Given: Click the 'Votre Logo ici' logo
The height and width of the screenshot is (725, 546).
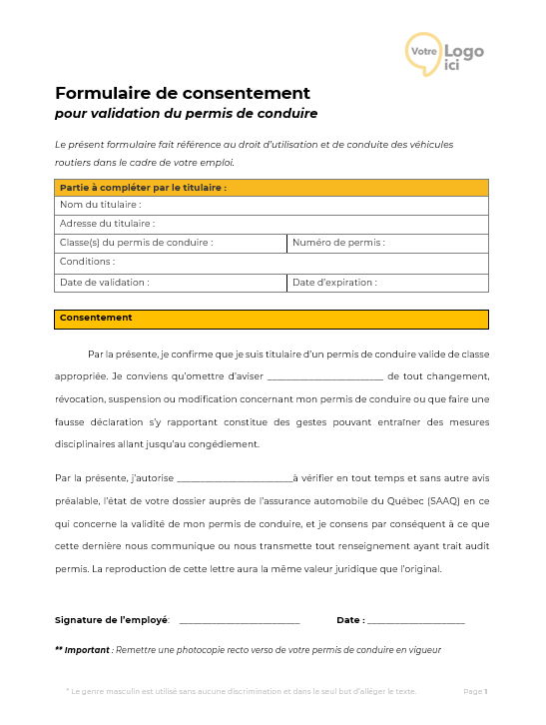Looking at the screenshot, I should pyautogui.click(x=443, y=53).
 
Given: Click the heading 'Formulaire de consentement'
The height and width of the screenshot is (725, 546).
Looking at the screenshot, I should pyautogui.click(x=183, y=93).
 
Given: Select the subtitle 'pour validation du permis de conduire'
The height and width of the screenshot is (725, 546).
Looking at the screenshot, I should pyautogui.click(x=186, y=114).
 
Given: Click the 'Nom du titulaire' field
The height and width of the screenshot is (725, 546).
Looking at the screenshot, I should pyautogui.click(x=271, y=205).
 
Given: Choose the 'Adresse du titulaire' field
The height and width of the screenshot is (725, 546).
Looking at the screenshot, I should pyautogui.click(x=271, y=224).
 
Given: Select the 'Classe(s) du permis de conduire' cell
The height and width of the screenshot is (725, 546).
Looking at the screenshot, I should pyautogui.click(x=171, y=243).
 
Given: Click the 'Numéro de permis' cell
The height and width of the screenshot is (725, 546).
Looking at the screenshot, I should pyautogui.click(x=387, y=243).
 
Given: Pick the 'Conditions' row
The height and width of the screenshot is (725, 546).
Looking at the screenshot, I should pyautogui.click(x=271, y=262).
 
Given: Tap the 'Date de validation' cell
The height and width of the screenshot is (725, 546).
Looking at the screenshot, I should pyautogui.click(x=171, y=282).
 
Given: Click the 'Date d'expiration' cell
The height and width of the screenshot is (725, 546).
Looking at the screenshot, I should pyautogui.click(x=387, y=282).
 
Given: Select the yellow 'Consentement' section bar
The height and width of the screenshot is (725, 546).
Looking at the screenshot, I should pyautogui.click(x=271, y=319).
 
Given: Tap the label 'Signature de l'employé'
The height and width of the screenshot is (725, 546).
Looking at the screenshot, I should pyautogui.click(x=112, y=620).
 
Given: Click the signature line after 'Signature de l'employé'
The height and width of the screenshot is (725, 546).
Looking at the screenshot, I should pyautogui.click(x=239, y=622).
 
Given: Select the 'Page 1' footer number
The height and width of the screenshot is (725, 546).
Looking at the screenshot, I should pyautogui.click(x=475, y=691).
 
